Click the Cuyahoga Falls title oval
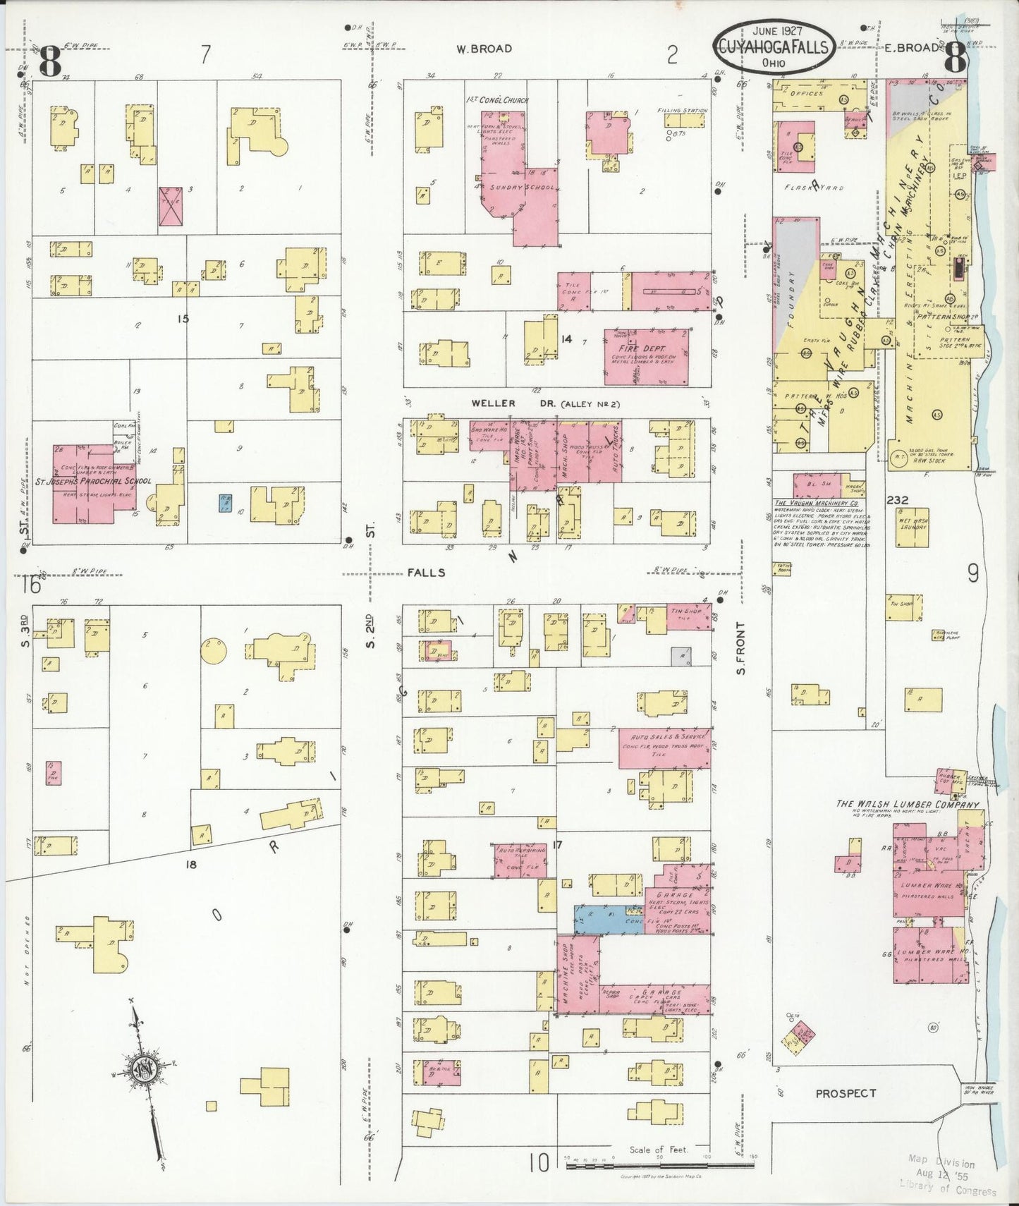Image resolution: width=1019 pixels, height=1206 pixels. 774,47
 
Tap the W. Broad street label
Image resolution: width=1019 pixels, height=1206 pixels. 484,49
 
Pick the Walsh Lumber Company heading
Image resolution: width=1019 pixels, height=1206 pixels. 908,804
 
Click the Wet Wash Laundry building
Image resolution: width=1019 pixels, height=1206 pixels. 912,528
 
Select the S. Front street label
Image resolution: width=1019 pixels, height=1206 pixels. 740,647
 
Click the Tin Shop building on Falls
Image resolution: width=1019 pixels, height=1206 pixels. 688,616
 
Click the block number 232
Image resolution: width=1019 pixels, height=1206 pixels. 898,500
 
